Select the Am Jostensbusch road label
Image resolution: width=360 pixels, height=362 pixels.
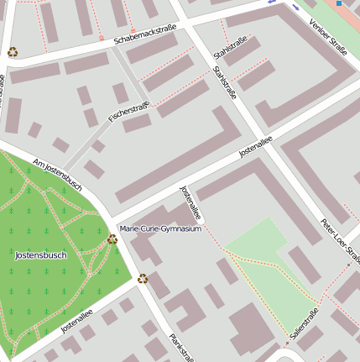(57, 174)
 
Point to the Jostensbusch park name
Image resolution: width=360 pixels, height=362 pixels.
(40, 254)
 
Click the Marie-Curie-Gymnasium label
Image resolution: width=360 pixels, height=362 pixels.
(160, 228)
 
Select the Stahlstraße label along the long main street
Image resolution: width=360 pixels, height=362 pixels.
(226, 82)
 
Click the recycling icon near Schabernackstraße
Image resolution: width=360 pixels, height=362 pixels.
(13, 52)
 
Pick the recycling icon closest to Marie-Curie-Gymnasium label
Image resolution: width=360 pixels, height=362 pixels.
(112, 239)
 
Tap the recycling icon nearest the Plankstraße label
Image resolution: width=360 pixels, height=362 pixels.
(143, 279)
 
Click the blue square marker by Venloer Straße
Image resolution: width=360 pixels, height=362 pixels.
(339, 3)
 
